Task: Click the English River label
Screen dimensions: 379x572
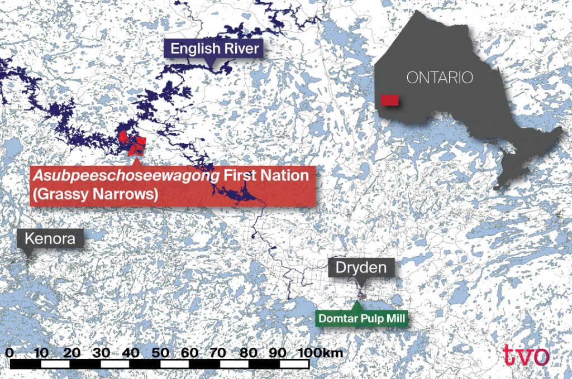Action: pos(214,49)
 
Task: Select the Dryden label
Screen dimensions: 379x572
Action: pos(361,267)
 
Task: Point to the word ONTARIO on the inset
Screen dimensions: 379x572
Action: pos(440,78)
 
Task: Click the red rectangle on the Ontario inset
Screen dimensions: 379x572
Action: pos(389,100)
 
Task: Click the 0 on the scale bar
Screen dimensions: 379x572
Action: pos(12,353)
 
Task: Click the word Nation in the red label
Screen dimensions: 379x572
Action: pos(280,175)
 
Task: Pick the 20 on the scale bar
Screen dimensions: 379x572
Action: pos(71,353)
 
